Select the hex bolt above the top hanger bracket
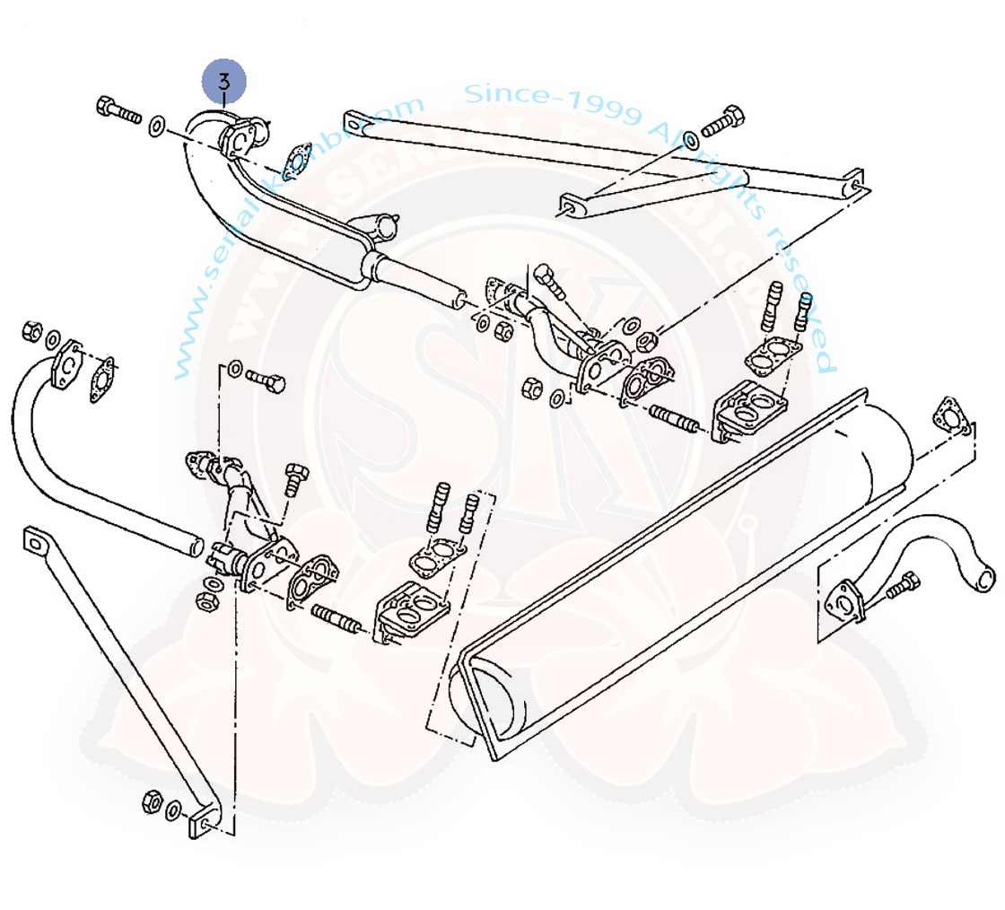723,123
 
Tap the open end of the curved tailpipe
984,577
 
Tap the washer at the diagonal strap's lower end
173,810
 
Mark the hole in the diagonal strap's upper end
34,541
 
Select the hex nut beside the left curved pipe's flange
31,329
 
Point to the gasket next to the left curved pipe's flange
103,379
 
